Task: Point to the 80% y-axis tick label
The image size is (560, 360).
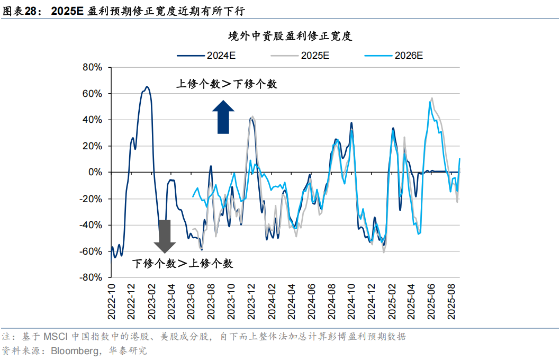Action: [92, 68]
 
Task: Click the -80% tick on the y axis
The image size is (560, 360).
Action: [90, 277]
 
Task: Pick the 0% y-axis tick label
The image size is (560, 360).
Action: [95, 173]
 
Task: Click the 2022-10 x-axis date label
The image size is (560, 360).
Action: [112, 300]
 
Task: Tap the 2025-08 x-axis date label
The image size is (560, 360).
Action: [453, 300]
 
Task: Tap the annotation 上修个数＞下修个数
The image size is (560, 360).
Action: [227, 84]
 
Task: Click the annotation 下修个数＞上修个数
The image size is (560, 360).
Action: [182, 263]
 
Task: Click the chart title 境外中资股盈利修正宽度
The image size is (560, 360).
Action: [290, 37]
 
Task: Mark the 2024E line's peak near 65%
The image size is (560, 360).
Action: [147, 87]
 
